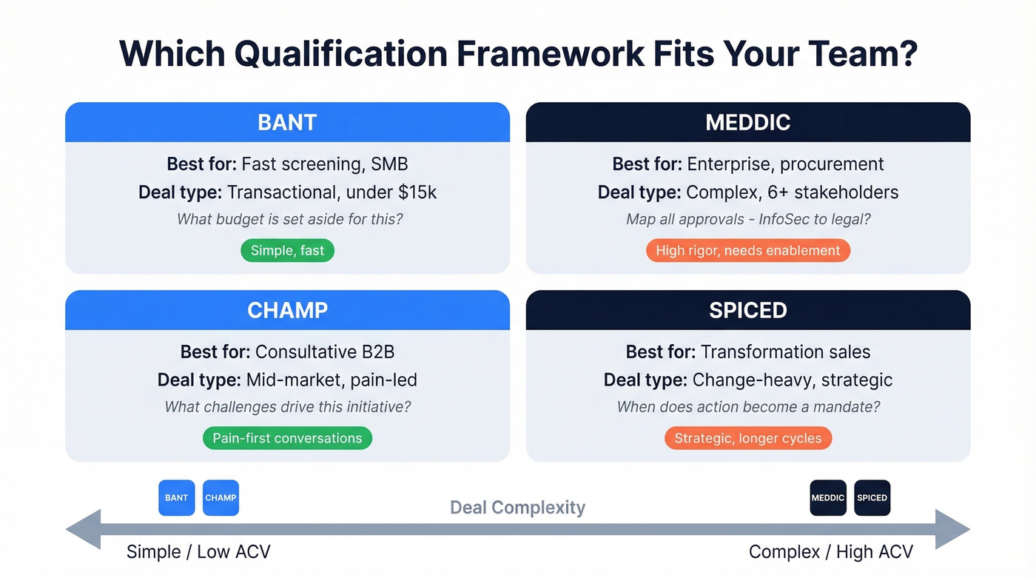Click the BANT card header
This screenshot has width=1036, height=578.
click(x=287, y=122)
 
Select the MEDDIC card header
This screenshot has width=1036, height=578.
click(x=747, y=122)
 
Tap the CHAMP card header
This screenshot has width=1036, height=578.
click(x=287, y=310)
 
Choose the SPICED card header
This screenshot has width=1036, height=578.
click(x=747, y=310)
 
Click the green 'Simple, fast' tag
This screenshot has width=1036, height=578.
click(x=287, y=251)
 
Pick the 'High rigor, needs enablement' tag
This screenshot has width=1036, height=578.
click(x=747, y=251)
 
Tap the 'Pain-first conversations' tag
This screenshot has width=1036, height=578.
click(x=287, y=438)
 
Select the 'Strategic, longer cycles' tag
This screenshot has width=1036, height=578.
click(x=747, y=438)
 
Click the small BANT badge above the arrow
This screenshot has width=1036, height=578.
click(x=176, y=498)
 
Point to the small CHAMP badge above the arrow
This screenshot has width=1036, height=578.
click(x=221, y=498)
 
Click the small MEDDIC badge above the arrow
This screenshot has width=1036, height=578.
click(x=827, y=498)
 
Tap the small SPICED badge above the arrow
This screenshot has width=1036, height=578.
click(x=872, y=498)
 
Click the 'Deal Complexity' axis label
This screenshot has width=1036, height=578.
click(x=517, y=508)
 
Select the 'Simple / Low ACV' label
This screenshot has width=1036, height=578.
click(x=198, y=552)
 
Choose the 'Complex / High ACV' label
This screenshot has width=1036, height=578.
click(x=830, y=552)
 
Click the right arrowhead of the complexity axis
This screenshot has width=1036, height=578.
click(x=953, y=530)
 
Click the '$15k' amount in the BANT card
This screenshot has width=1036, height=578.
click(x=417, y=192)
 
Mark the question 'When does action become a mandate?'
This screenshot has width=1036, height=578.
click(x=747, y=407)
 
